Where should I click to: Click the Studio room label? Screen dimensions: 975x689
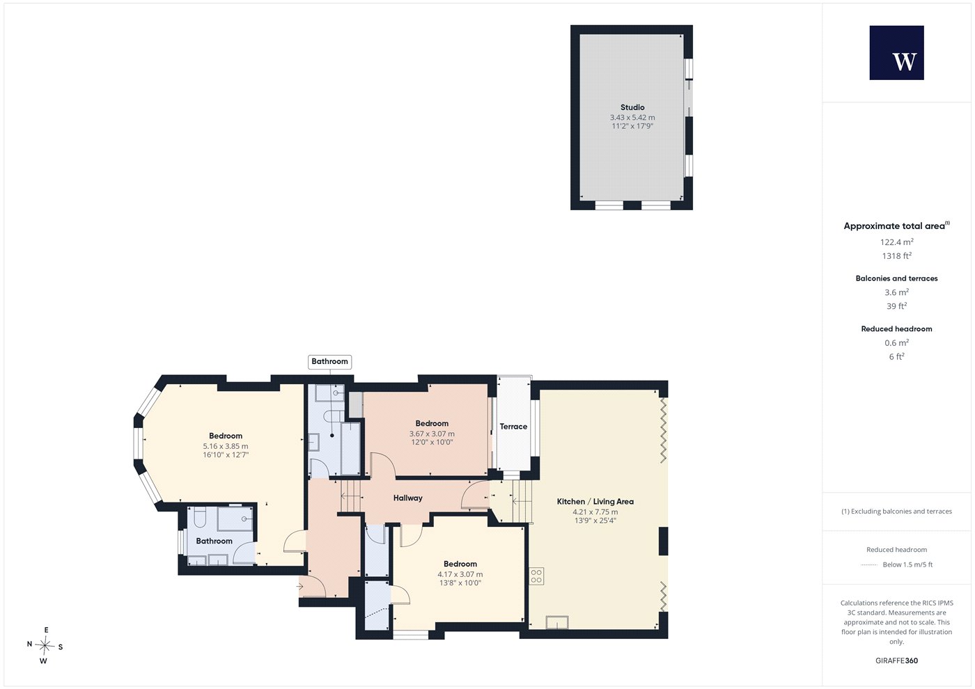click(632, 107)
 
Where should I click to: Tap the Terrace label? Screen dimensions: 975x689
click(513, 426)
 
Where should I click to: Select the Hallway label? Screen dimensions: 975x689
click(408, 498)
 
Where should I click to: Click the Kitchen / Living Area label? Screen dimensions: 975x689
click(595, 502)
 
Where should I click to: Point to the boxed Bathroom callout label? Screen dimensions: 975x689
click(329, 361)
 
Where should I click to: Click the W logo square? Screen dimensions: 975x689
click(897, 53)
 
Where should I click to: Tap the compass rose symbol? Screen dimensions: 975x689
click(45, 646)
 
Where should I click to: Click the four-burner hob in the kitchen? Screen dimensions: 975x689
click(536, 576)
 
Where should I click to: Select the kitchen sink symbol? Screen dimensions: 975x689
click(557, 622)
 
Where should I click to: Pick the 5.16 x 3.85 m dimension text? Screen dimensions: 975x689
click(226, 446)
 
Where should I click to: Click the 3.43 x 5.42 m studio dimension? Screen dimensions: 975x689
click(632, 118)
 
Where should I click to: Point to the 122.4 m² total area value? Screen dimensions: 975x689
click(897, 242)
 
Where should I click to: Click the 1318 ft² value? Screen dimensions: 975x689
click(897, 256)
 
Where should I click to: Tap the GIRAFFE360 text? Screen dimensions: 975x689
click(897, 660)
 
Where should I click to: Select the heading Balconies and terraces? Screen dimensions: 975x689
click(897, 278)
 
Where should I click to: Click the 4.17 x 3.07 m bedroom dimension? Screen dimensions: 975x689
click(460, 575)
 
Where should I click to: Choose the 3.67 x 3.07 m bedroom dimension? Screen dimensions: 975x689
click(432, 434)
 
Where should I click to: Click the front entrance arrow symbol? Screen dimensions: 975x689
click(300, 586)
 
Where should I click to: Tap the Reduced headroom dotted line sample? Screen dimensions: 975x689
click(869, 565)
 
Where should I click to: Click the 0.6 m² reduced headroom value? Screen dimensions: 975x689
click(897, 342)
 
